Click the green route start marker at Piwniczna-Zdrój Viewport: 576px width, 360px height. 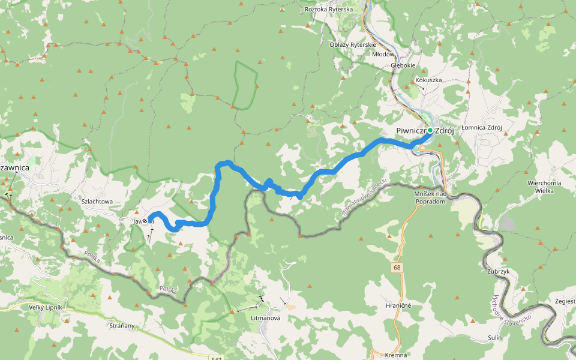click(430, 130)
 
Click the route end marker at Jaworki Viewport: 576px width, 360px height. click(145, 221)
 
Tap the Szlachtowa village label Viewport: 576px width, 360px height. click(97, 202)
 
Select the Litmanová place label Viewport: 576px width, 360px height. click(265, 318)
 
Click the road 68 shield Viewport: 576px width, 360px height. click(397, 266)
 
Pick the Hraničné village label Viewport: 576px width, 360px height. click(398, 305)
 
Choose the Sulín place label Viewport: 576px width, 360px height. click(494, 338)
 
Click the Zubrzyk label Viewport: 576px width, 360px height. click(497, 271)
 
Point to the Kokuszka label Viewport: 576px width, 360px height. click(428, 80)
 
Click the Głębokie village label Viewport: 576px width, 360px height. click(403, 65)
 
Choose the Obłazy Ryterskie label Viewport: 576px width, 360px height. click(353, 44)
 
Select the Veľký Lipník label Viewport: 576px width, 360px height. click(46, 308)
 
